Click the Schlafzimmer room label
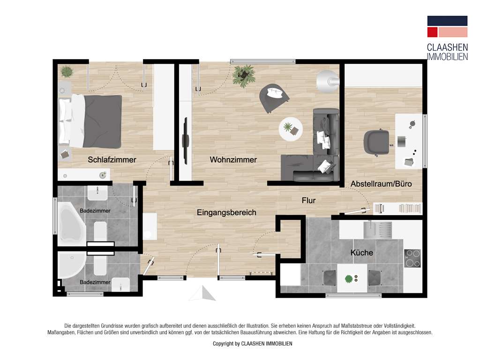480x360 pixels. [x=112, y=160]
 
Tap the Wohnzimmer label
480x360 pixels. [x=233, y=160]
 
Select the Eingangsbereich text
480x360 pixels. [x=226, y=213]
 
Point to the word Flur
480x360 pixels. [x=308, y=201]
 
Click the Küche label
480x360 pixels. [x=362, y=253]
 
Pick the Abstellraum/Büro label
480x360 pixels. [x=381, y=184]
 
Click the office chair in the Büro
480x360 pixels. [x=376, y=141]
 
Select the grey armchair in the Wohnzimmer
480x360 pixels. [x=274, y=97]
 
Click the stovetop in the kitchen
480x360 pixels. [x=412, y=258]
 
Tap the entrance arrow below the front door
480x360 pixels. [x=202, y=294]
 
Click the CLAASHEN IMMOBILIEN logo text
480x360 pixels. [x=447, y=52]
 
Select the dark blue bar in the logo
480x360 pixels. [x=447, y=21]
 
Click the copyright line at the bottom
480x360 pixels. [x=253, y=344]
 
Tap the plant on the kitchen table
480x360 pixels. [x=348, y=279]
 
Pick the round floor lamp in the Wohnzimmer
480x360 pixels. [x=328, y=81]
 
